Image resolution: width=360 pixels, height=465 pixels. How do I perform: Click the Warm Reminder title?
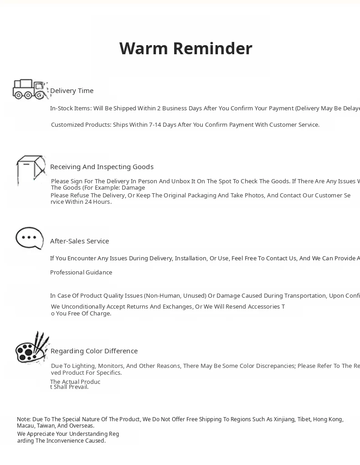pyautogui.click(x=185, y=48)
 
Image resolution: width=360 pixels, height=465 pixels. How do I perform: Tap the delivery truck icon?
pyautogui.click(x=29, y=89)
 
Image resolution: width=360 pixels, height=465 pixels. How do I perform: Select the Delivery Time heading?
pyautogui.click(x=72, y=91)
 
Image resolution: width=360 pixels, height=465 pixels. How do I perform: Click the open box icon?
pyautogui.click(x=31, y=169)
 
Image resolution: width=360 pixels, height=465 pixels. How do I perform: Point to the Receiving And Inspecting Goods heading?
pyautogui.click(x=102, y=167)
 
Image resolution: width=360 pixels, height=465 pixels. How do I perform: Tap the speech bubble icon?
pyautogui.click(x=30, y=238)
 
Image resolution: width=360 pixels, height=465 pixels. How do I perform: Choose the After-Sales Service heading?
pyautogui.click(x=79, y=241)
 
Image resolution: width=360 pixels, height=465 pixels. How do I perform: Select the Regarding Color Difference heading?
pyautogui.click(x=94, y=351)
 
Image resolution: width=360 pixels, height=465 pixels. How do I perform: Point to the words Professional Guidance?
pyautogui.click(x=81, y=273)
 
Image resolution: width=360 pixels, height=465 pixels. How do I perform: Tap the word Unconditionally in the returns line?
pyautogui.click(x=83, y=307)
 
